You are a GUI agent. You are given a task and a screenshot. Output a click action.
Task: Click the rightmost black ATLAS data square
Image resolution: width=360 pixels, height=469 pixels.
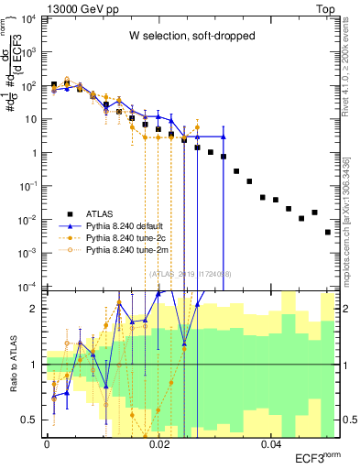tap(327, 233)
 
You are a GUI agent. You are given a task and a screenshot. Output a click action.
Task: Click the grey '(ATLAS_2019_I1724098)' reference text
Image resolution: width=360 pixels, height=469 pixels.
tap(191, 273)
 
